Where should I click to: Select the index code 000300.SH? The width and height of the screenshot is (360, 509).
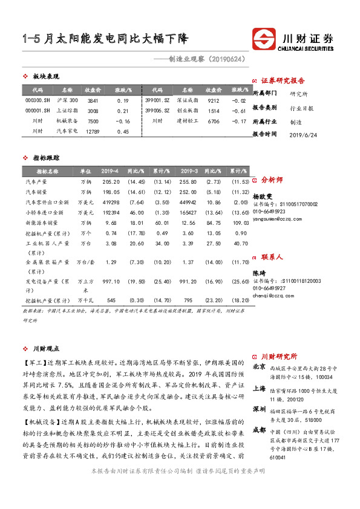[x=37, y=100]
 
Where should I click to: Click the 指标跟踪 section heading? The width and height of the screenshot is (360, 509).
[x=45, y=157]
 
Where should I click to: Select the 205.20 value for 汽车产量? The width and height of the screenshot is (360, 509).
[x=111, y=181]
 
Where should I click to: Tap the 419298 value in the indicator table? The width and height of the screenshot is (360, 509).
[x=111, y=202]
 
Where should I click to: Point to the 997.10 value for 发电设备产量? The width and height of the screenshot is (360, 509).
[x=111, y=282]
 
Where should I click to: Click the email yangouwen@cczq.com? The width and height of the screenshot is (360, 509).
[x=277, y=220]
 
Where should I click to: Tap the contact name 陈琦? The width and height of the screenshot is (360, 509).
[x=258, y=274]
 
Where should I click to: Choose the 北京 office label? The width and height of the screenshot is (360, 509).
[x=258, y=366]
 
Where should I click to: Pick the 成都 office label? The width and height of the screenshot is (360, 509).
[x=258, y=429]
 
